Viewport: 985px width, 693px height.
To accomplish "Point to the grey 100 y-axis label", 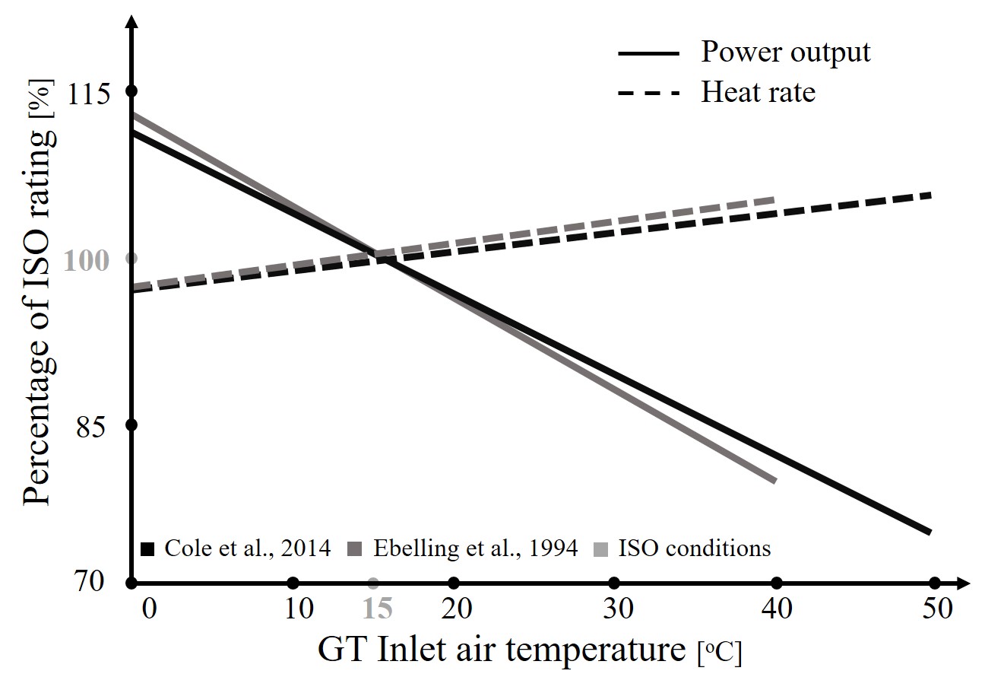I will [90, 261].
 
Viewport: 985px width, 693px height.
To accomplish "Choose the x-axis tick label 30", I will [615, 609].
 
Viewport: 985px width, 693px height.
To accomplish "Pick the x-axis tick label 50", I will [936, 609].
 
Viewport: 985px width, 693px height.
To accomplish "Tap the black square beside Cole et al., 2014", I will [149, 549].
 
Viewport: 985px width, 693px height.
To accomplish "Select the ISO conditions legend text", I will [693, 548].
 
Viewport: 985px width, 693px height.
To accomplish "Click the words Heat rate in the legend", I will [758, 93].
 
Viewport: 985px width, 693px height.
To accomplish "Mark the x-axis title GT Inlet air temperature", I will [502, 651].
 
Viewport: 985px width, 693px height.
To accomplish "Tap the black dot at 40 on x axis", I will [776, 583].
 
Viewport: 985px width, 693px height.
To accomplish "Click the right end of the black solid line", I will [929, 532].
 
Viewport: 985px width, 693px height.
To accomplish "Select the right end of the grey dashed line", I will [773, 200].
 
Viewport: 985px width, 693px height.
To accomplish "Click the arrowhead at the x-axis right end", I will [963, 583].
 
